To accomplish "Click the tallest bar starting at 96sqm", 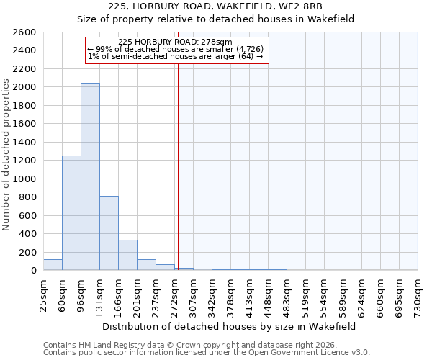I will click(90, 176).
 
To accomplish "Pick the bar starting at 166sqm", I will click(127, 255).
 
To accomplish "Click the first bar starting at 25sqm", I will click(53, 265).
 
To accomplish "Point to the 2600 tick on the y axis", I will click(25, 32).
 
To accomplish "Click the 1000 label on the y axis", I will click(25, 179).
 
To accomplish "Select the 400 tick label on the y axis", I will click(28, 234).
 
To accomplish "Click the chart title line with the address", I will click(216, 6).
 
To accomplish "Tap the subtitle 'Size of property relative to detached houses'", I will click(216, 19).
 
